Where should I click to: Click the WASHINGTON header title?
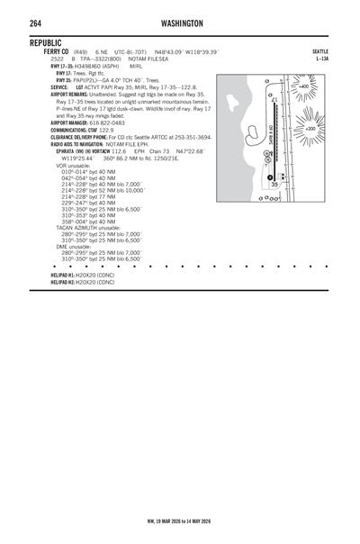(181, 23)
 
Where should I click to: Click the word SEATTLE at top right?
(319, 52)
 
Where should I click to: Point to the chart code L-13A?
(321, 59)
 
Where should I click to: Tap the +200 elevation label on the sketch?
(310, 129)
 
